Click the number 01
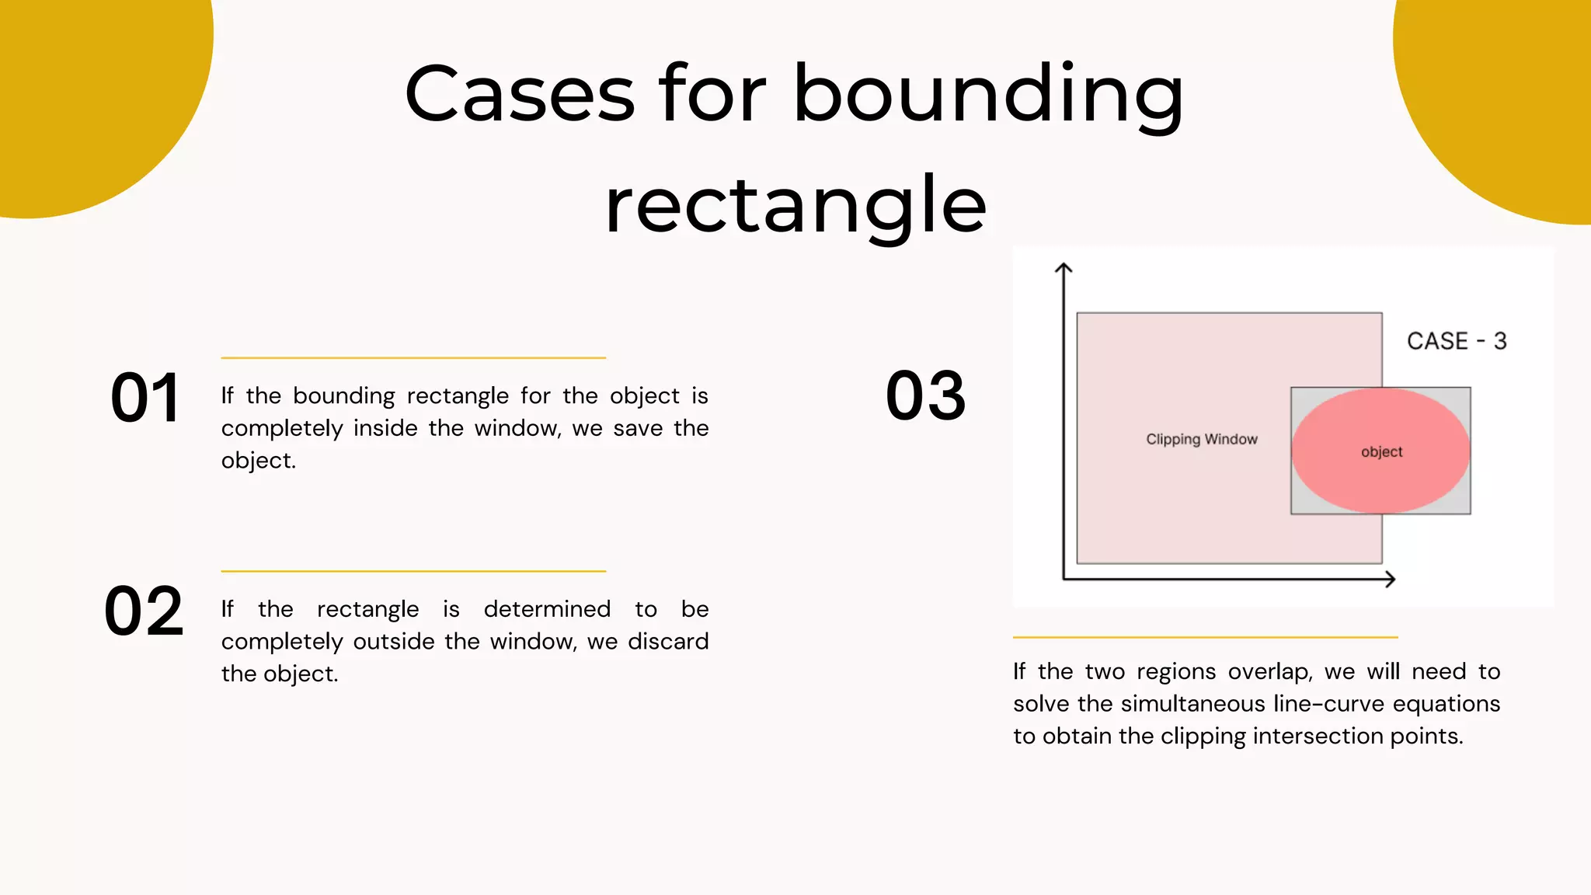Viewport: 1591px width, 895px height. point(146,398)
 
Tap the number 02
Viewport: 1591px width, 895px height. point(144,611)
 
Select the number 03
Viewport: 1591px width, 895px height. point(926,396)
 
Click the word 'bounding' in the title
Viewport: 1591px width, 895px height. point(987,95)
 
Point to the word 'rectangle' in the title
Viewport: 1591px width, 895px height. point(795,205)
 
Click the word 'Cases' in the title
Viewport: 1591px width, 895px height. point(520,95)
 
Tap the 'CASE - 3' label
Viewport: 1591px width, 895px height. point(1457,341)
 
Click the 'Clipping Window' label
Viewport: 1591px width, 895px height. point(1201,439)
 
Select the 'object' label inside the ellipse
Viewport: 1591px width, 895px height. point(1381,452)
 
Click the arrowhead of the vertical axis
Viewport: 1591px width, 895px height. point(1064,268)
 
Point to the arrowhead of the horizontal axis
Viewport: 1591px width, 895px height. point(1390,579)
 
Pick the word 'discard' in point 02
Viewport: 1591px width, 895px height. point(668,642)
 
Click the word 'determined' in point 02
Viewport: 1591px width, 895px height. point(547,609)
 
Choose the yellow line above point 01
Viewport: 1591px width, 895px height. point(413,358)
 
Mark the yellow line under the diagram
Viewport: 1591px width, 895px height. point(1205,637)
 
